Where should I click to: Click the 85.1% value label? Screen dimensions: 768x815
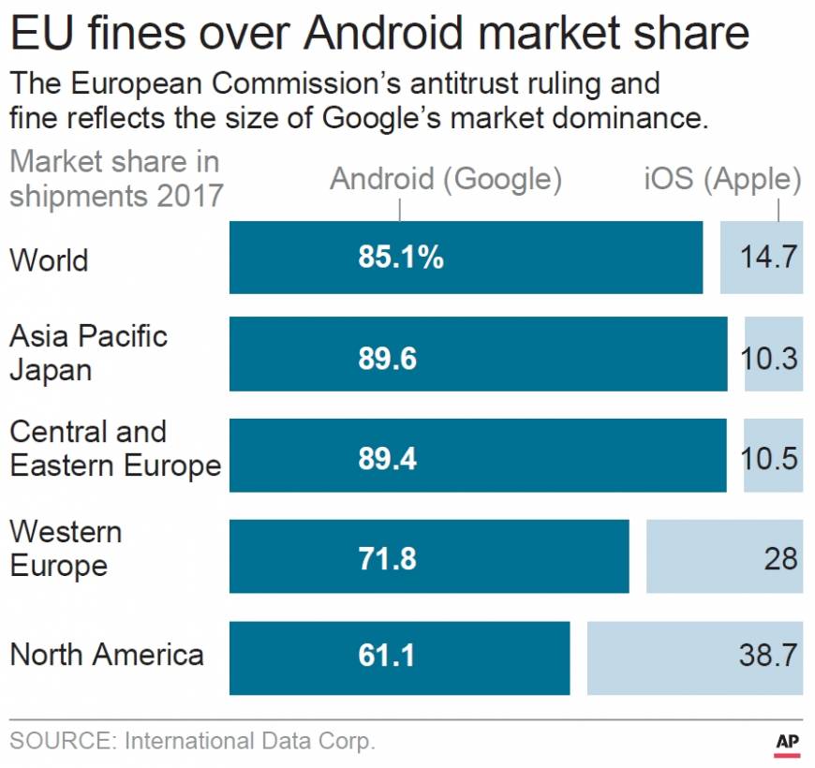pyautogui.click(x=400, y=258)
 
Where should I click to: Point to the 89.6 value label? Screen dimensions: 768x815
pyautogui.click(x=387, y=358)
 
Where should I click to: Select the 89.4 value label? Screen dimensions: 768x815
pyautogui.click(x=387, y=458)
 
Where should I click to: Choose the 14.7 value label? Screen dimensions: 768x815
pyautogui.click(x=768, y=258)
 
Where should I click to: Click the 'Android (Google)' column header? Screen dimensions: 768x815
pyautogui.click(x=446, y=179)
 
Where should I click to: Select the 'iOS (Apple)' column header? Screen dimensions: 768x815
pyautogui.click(x=722, y=179)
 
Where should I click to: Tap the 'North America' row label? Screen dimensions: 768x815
pyautogui.click(x=107, y=654)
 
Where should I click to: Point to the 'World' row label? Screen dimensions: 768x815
pyautogui.click(x=49, y=259)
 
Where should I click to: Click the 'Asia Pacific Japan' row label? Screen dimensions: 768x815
pyautogui.click(x=88, y=352)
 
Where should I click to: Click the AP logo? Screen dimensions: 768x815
pyautogui.click(x=787, y=742)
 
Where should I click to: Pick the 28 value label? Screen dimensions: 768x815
pyautogui.click(x=780, y=558)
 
